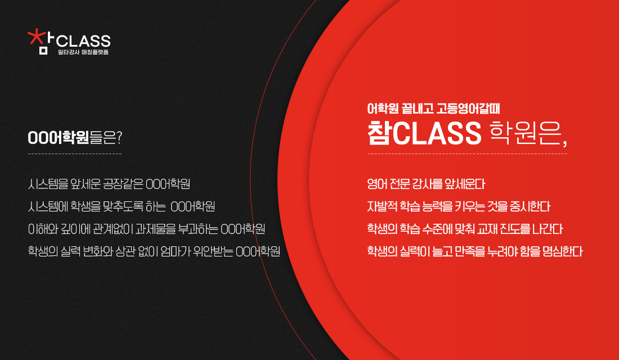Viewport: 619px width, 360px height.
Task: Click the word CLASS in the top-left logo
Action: [x=83, y=41]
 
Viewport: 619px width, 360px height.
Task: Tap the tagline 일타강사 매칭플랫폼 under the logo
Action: [x=83, y=52]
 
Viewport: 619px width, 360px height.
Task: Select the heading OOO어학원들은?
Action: [x=75, y=137]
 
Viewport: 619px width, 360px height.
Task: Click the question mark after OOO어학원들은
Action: [x=120, y=137]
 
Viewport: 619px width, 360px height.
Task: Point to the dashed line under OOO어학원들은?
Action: [x=75, y=154]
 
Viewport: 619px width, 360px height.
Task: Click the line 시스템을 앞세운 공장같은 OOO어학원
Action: [x=109, y=184]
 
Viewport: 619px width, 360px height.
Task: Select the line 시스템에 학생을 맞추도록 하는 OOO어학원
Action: [x=121, y=206]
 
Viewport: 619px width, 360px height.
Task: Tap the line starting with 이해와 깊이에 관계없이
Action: [x=146, y=229]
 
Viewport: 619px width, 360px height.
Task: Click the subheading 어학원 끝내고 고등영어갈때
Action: [x=433, y=109]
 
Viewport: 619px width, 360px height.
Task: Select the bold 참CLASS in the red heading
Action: [x=424, y=133]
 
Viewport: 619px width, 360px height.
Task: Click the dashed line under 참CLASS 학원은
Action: [x=468, y=154]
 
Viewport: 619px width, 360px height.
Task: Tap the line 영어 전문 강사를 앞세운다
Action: [x=426, y=184]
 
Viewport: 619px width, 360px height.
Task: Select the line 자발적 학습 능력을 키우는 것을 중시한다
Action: [x=459, y=206]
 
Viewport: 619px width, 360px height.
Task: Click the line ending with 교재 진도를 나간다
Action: [x=465, y=229]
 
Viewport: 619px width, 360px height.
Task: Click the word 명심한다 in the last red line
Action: [x=563, y=251]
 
